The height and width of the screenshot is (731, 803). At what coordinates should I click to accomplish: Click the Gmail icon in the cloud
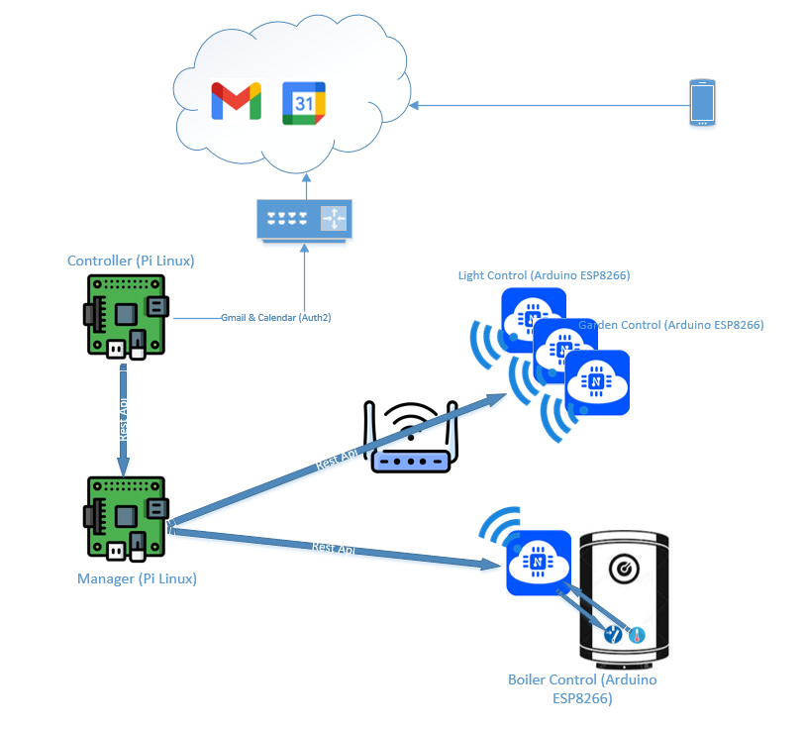pos(236,102)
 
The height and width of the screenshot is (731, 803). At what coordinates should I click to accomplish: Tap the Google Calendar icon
pos(304,103)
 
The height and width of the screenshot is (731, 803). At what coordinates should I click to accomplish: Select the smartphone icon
pos(702,103)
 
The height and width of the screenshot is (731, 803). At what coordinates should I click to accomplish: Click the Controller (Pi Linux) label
pos(131,261)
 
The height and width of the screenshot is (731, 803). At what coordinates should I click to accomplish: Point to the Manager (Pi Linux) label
pos(137,578)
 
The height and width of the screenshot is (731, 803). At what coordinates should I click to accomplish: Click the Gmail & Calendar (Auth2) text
pos(275,318)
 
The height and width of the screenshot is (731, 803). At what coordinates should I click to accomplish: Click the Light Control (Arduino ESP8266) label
pos(544,274)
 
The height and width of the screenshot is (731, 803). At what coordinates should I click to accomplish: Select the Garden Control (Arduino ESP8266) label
pos(671,325)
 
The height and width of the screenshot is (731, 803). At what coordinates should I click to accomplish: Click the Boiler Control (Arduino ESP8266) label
pos(582,688)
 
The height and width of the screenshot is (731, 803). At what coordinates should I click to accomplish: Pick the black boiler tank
pos(625,594)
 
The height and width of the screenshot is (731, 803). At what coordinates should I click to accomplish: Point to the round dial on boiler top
pos(625,569)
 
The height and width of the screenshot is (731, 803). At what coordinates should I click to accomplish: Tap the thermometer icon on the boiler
pos(637,634)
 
